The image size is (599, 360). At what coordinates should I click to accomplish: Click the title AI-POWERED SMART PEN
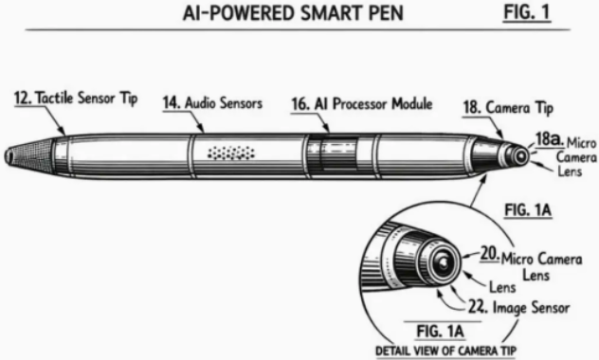[x=293, y=13]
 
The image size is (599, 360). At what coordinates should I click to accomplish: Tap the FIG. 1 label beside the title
[x=527, y=11]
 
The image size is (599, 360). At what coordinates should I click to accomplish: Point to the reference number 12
[x=23, y=98]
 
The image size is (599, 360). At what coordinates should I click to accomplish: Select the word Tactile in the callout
[x=54, y=98]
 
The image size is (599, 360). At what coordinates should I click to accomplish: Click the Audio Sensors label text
[x=224, y=102]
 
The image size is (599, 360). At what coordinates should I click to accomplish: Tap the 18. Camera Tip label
[x=508, y=108]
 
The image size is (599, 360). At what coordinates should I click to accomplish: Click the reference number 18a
[x=550, y=139]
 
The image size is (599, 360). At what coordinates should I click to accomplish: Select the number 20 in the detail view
[x=489, y=253]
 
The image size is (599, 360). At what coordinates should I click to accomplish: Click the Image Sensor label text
[x=531, y=307]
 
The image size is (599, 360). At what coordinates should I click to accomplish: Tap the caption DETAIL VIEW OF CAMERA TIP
[x=445, y=351]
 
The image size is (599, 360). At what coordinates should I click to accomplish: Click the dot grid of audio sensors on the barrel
[x=230, y=153]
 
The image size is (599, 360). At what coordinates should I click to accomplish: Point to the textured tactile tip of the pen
[x=28, y=153]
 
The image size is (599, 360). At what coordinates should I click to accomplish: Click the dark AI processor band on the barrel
[x=333, y=154]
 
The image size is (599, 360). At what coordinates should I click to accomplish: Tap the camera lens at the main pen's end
[x=520, y=156]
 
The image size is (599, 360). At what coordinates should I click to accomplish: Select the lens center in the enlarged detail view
[x=444, y=262]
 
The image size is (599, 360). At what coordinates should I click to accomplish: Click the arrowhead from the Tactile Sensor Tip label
[x=63, y=132]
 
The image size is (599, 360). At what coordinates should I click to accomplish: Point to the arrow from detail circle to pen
[x=479, y=190]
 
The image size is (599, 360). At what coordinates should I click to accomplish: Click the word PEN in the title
[x=386, y=13]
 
